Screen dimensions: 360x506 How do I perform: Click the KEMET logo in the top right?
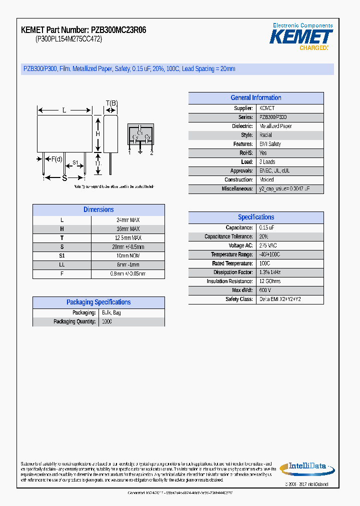pyautogui.click(x=301, y=36)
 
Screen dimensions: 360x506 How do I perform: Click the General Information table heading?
pyautogui.click(x=255, y=98)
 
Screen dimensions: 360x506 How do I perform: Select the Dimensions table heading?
pyautogui.click(x=98, y=210)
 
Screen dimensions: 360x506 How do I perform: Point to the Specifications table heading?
pyautogui.click(x=255, y=217)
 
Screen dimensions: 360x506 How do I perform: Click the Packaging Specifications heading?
pyautogui.click(x=98, y=302)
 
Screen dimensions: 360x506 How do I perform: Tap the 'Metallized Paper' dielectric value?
pyautogui.click(x=275, y=126)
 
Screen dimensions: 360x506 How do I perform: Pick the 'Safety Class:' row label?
pyautogui.click(x=239, y=299)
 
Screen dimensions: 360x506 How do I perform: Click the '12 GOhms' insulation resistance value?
pyautogui.click(x=269, y=281)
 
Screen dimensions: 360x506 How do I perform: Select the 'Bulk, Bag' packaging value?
pyautogui.click(x=111, y=312)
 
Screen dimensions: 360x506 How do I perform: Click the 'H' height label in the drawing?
pyautogui.click(x=98, y=133)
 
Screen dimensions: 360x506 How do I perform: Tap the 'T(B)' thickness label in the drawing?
pyautogui.click(x=111, y=103)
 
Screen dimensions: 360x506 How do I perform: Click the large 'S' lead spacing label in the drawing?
pyautogui.click(x=64, y=177)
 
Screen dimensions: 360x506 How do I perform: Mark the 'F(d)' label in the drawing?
pyautogui.click(x=56, y=159)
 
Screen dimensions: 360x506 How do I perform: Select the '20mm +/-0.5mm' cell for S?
pyautogui.click(x=128, y=247)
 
